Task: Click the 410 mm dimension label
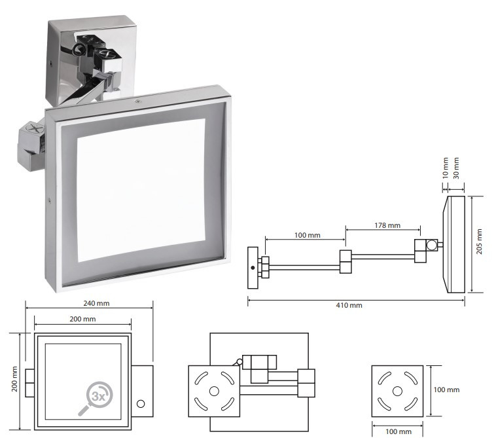pyautogui.click(x=349, y=305)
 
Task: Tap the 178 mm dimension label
pyautogui.click(x=387, y=225)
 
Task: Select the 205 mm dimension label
pyautogui.click(x=479, y=242)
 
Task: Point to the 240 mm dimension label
pyautogui.click(x=96, y=303)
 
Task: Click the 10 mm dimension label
pyautogui.click(x=446, y=168)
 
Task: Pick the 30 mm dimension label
pyautogui.click(x=456, y=168)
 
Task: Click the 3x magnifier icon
pyautogui.click(x=96, y=398)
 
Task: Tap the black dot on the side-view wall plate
pyautogui.click(x=253, y=268)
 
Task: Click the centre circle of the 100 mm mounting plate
pyautogui.click(x=397, y=391)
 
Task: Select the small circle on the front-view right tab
pyautogui.click(x=141, y=404)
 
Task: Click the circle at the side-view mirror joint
pyautogui.click(x=431, y=246)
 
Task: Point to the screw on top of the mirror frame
pyautogui.click(x=137, y=101)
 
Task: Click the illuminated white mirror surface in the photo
pyautogui.click(x=141, y=190)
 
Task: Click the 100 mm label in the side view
pyautogui.click(x=307, y=235)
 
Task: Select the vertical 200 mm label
pyautogui.click(x=14, y=379)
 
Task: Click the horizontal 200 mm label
pyautogui.click(x=82, y=319)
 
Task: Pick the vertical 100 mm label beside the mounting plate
pyautogui.click(x=446, y=390)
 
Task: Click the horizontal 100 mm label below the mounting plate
pyautogui.click(x=399, y=431)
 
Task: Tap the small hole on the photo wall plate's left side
pyautogui.click(x=51, y=63)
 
